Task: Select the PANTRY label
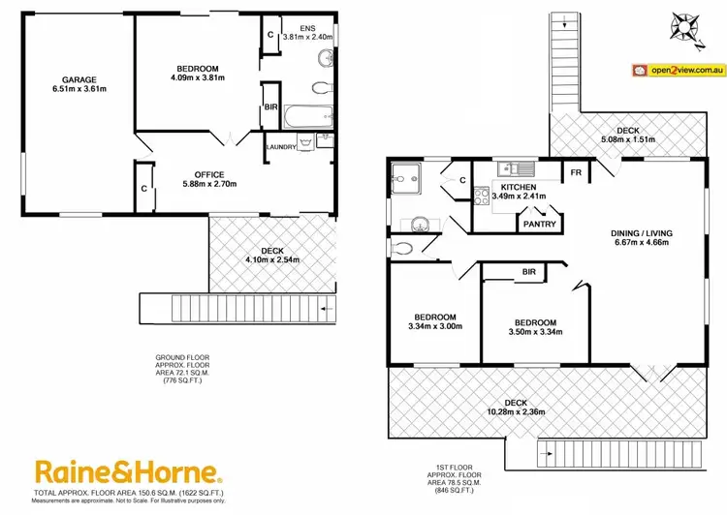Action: point(539,224)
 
